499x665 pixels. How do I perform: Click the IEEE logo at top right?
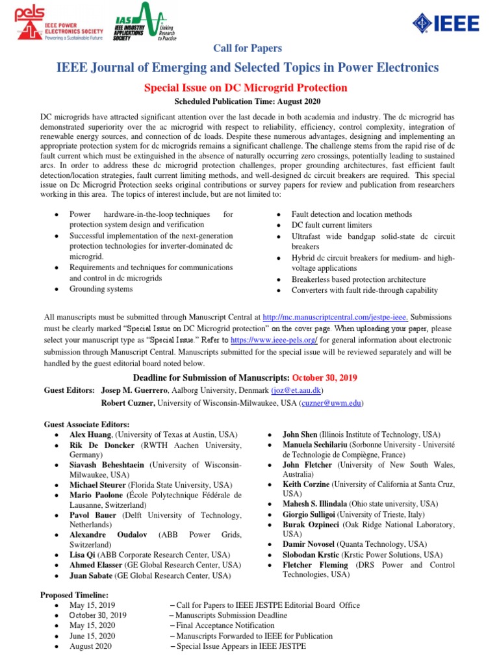pos(446,24)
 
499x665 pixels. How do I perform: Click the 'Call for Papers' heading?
pos(248,48)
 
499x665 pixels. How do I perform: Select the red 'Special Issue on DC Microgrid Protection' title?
pos(249,88)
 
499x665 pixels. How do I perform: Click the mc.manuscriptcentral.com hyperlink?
pos(335,317)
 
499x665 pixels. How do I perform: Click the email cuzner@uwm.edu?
pos(331,403)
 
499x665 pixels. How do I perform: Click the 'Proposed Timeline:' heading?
pos(75,595)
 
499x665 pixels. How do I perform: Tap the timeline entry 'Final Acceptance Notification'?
pos(227,625)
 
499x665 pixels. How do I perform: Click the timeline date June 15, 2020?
pos(92,636)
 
